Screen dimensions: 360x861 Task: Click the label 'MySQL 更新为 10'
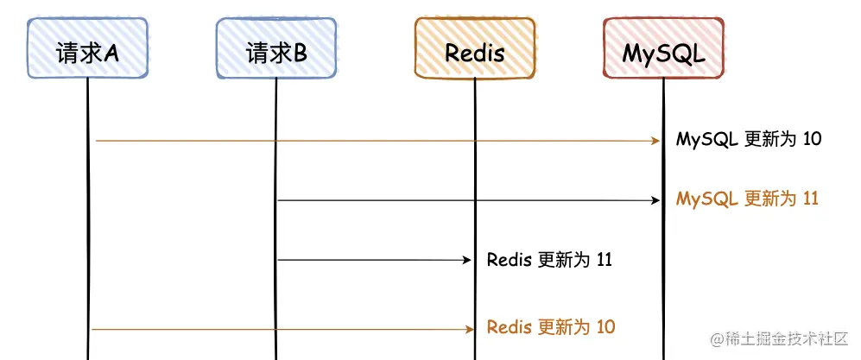tap(748, 139)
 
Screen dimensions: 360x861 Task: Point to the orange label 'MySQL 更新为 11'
tap(747, 199)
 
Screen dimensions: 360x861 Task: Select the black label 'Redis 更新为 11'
tap(549, 259)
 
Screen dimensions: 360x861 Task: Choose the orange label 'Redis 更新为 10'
tap(551, 327)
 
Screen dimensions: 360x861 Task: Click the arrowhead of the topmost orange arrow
tap(655, 140)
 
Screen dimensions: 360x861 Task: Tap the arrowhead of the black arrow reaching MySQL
tap(655, 200)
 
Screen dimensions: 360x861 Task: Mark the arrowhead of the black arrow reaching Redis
tap(466, 259)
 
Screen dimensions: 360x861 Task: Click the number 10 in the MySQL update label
tap(811, 139)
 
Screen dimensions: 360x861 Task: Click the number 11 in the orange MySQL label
tap(810, 199)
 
